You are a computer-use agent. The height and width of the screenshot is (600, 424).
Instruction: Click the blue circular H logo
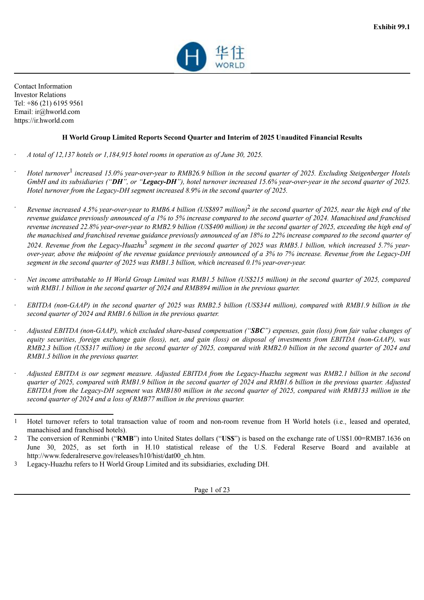pyautogui.click(x=192, y=57)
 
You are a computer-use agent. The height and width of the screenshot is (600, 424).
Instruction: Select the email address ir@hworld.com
pyautogui.click(x=57, y=112)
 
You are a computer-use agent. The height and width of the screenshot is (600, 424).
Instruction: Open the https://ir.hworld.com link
pyautogui.click(x=44, y=121)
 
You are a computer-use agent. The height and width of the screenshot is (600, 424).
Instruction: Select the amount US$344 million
pyautogui.click(x=270, y=305)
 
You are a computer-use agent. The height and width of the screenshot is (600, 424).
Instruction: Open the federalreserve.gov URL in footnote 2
pyautogui.click(x=116, y=456)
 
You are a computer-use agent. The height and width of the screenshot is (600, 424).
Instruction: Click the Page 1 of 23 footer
pyautogui.click(x=212, y=490)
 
